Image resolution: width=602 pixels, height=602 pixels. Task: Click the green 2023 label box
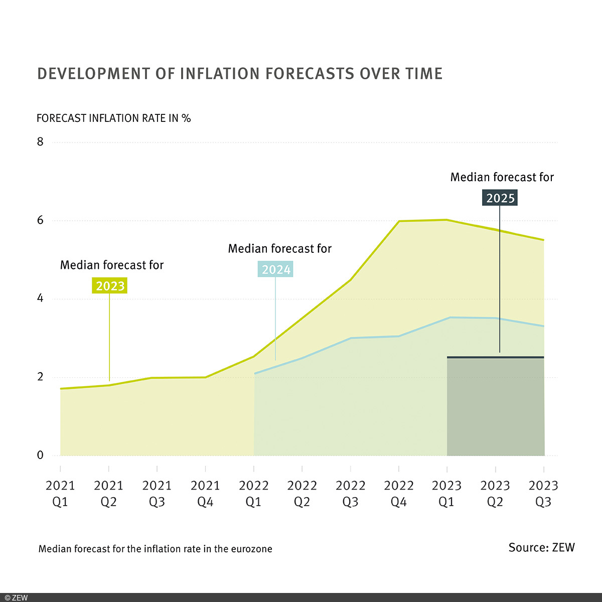[110, 286]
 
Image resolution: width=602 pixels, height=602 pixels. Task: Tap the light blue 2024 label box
[275, 269]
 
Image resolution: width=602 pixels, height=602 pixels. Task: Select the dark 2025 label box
[500, 198]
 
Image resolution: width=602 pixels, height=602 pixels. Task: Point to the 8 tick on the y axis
[41, 142]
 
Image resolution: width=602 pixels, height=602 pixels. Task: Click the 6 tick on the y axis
[41, 220]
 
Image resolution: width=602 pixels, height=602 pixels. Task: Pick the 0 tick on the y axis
[41, 456]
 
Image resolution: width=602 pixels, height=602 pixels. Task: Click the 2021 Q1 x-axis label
[60, 494]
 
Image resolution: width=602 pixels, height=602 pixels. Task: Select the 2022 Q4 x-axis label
[399, 494]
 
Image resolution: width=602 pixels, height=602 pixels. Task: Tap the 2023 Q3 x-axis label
[544, 494]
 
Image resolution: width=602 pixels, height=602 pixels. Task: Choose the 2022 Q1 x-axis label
[254, 494]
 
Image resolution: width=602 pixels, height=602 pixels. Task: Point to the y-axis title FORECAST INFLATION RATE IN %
[114, 118]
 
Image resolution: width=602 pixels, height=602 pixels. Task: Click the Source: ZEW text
[541, 547]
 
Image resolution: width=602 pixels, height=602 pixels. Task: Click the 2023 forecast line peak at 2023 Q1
[446, 220]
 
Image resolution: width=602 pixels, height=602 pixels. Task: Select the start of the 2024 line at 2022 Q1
[255, 373]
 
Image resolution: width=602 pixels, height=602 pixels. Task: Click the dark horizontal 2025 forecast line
[495, 357]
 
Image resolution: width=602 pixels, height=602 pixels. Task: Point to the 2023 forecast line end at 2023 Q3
[544, 240]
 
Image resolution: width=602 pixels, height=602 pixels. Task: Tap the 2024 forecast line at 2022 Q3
[351, 338]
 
